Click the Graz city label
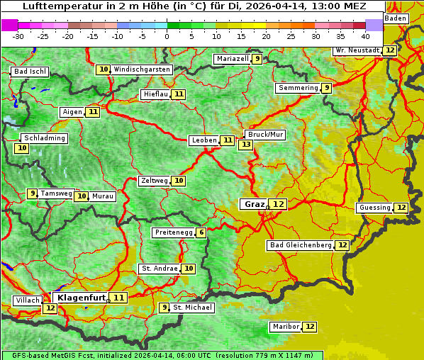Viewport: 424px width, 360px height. point(254,204)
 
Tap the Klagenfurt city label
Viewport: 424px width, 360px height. point(81,298)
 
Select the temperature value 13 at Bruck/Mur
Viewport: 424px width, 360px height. point(246,145)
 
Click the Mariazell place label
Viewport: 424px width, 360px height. point(233,59)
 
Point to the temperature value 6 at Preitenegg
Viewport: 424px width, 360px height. point(201,232)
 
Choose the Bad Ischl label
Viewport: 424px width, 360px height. point(30,72)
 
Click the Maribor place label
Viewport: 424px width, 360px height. point(284,327)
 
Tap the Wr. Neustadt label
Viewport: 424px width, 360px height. point(356,50)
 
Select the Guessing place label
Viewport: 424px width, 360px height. point(374,208)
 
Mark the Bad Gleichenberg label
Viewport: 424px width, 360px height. point(301,245)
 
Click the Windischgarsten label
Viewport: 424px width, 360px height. point(142,69)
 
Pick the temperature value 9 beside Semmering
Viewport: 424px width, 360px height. point(326,88)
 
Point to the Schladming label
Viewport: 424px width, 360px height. point(45,138)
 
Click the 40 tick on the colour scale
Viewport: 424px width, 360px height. point(365,35)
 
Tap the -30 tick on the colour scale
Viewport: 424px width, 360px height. point(18,35)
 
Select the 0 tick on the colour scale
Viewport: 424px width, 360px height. point(167,35)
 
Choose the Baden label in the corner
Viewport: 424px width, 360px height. point(396,18)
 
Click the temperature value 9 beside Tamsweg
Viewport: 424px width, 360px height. point(32,193)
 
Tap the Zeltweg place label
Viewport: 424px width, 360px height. point(155,181)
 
